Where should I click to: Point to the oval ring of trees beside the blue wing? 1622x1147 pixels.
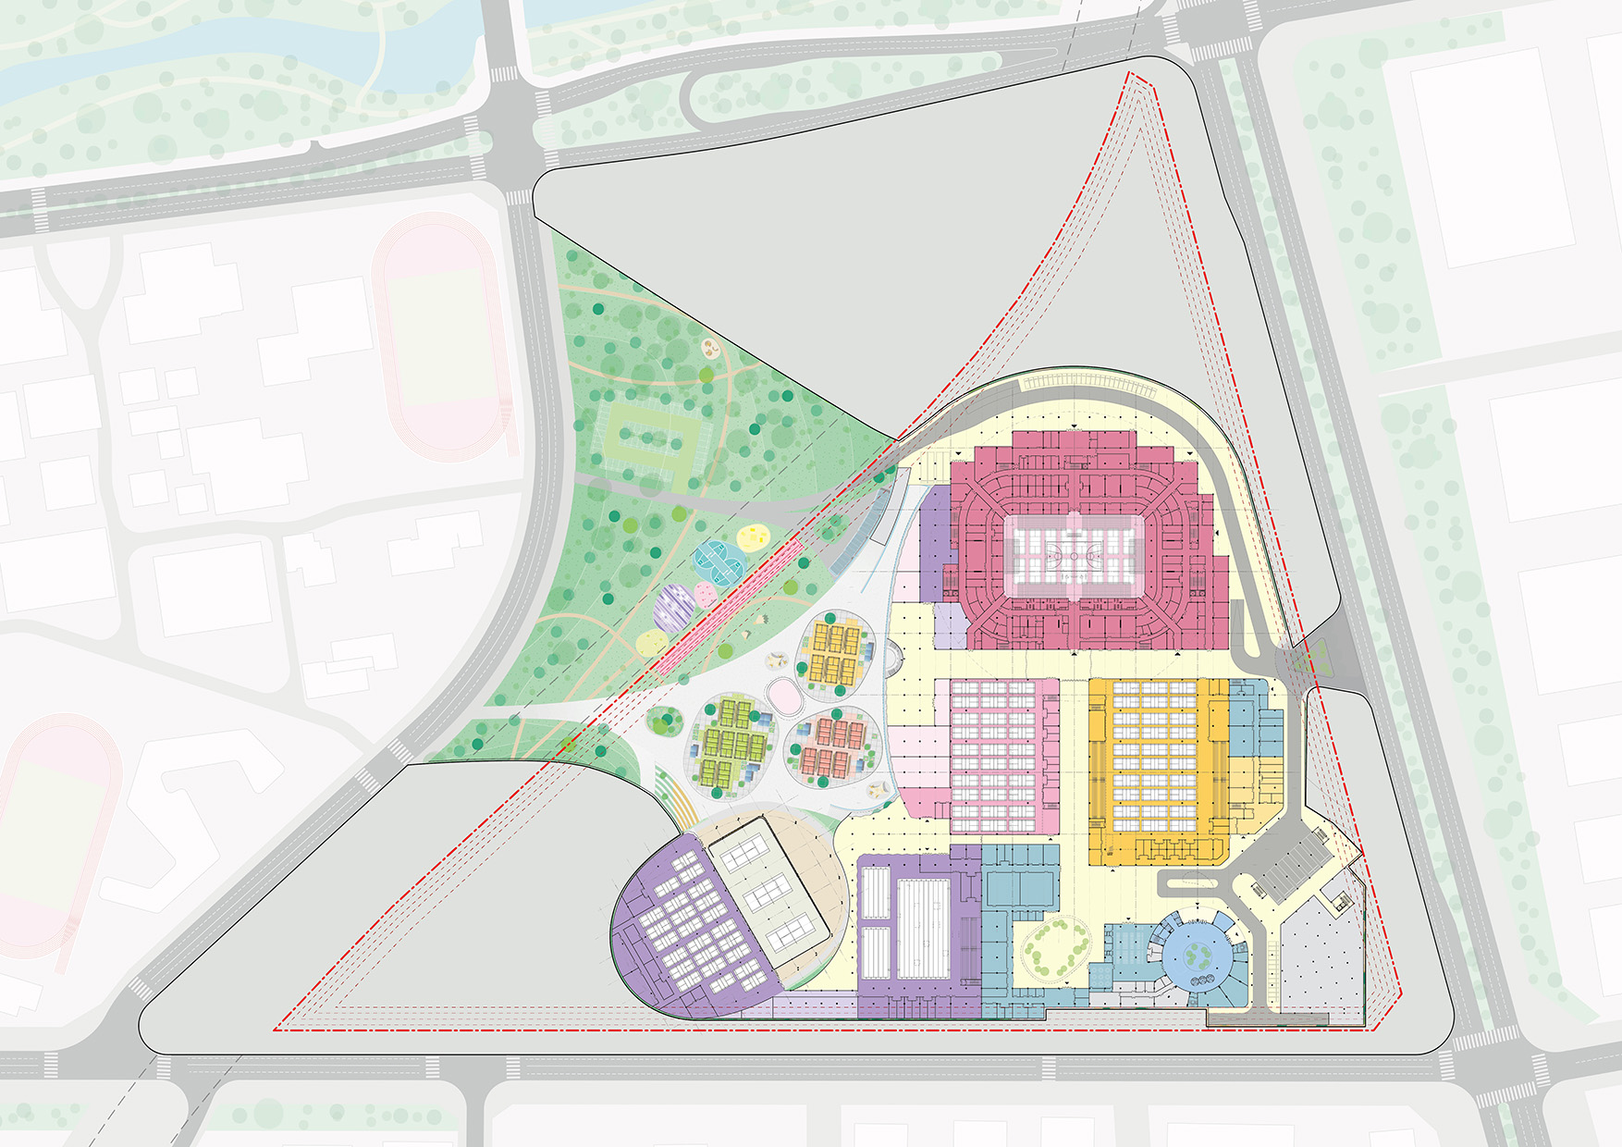coord(1055,947)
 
